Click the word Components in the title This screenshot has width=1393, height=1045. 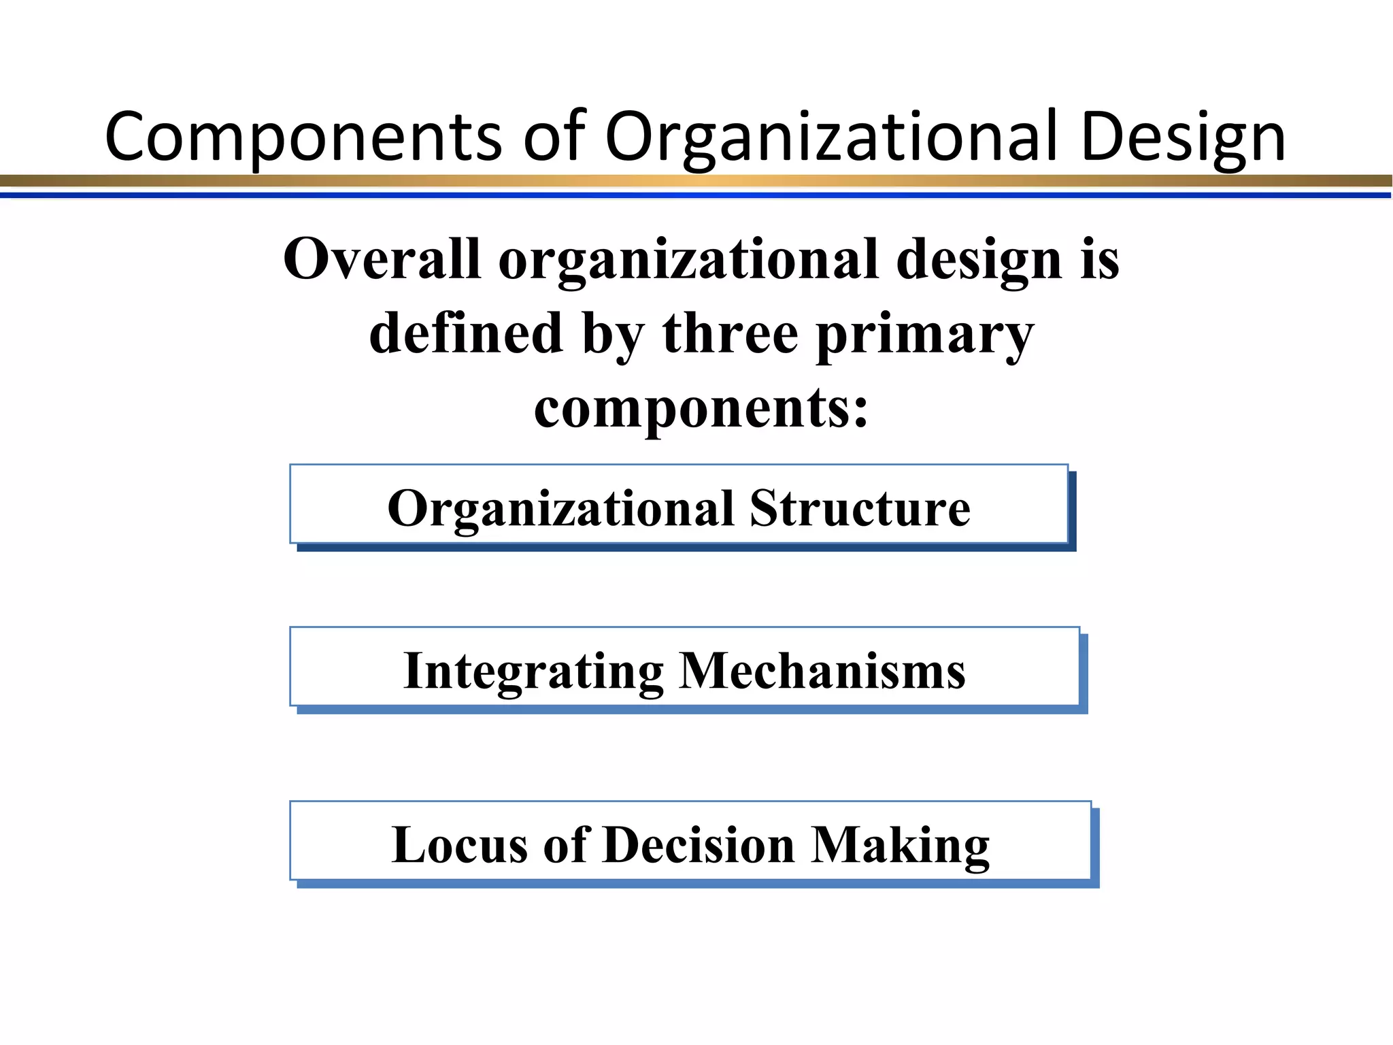303,137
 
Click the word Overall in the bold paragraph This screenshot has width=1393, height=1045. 382,259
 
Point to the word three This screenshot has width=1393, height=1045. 730,333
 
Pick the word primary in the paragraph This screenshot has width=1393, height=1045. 924,335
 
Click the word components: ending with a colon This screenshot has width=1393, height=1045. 701,408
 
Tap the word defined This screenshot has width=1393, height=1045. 466,333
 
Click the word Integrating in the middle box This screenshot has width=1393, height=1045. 533,671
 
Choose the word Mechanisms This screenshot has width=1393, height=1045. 822,671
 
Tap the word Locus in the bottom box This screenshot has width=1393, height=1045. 460,845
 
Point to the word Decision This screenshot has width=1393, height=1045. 699,845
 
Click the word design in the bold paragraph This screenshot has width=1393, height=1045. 979,261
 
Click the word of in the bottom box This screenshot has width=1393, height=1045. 565,845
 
